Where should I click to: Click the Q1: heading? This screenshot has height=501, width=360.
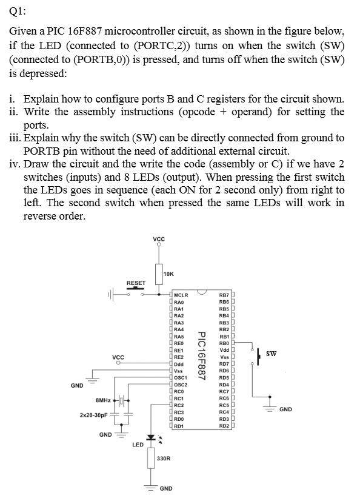pos(18,12)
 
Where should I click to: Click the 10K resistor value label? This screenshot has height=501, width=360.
pos(168,274)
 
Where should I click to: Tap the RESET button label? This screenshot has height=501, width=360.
pos(136,283)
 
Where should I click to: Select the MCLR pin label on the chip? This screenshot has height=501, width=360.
pos(181,295)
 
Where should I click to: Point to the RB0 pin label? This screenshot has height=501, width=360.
pos(224,343)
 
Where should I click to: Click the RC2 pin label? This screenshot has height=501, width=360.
pos(179,405)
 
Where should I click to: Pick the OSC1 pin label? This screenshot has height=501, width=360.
pos(181,378)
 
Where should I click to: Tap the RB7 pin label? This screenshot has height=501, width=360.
pos(224,295)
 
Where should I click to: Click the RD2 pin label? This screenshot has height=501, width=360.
pos(224,426)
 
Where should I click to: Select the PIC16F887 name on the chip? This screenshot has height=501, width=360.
pos(201,356)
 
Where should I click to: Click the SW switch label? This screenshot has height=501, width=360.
pos(272,354)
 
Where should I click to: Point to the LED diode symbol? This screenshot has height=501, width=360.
pos(151,437)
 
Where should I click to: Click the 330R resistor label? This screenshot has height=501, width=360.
pos(164,459)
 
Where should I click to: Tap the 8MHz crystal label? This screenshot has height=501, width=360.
pos(103,400)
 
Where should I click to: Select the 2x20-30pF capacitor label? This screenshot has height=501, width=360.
pos(93,415)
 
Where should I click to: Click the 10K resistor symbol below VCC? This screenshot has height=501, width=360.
pos(159,274)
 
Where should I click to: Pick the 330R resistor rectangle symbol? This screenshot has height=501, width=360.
pos(151,458)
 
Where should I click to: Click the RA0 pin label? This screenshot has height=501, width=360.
pos(179,302)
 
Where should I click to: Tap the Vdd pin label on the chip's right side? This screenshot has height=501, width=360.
pos(224,351)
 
